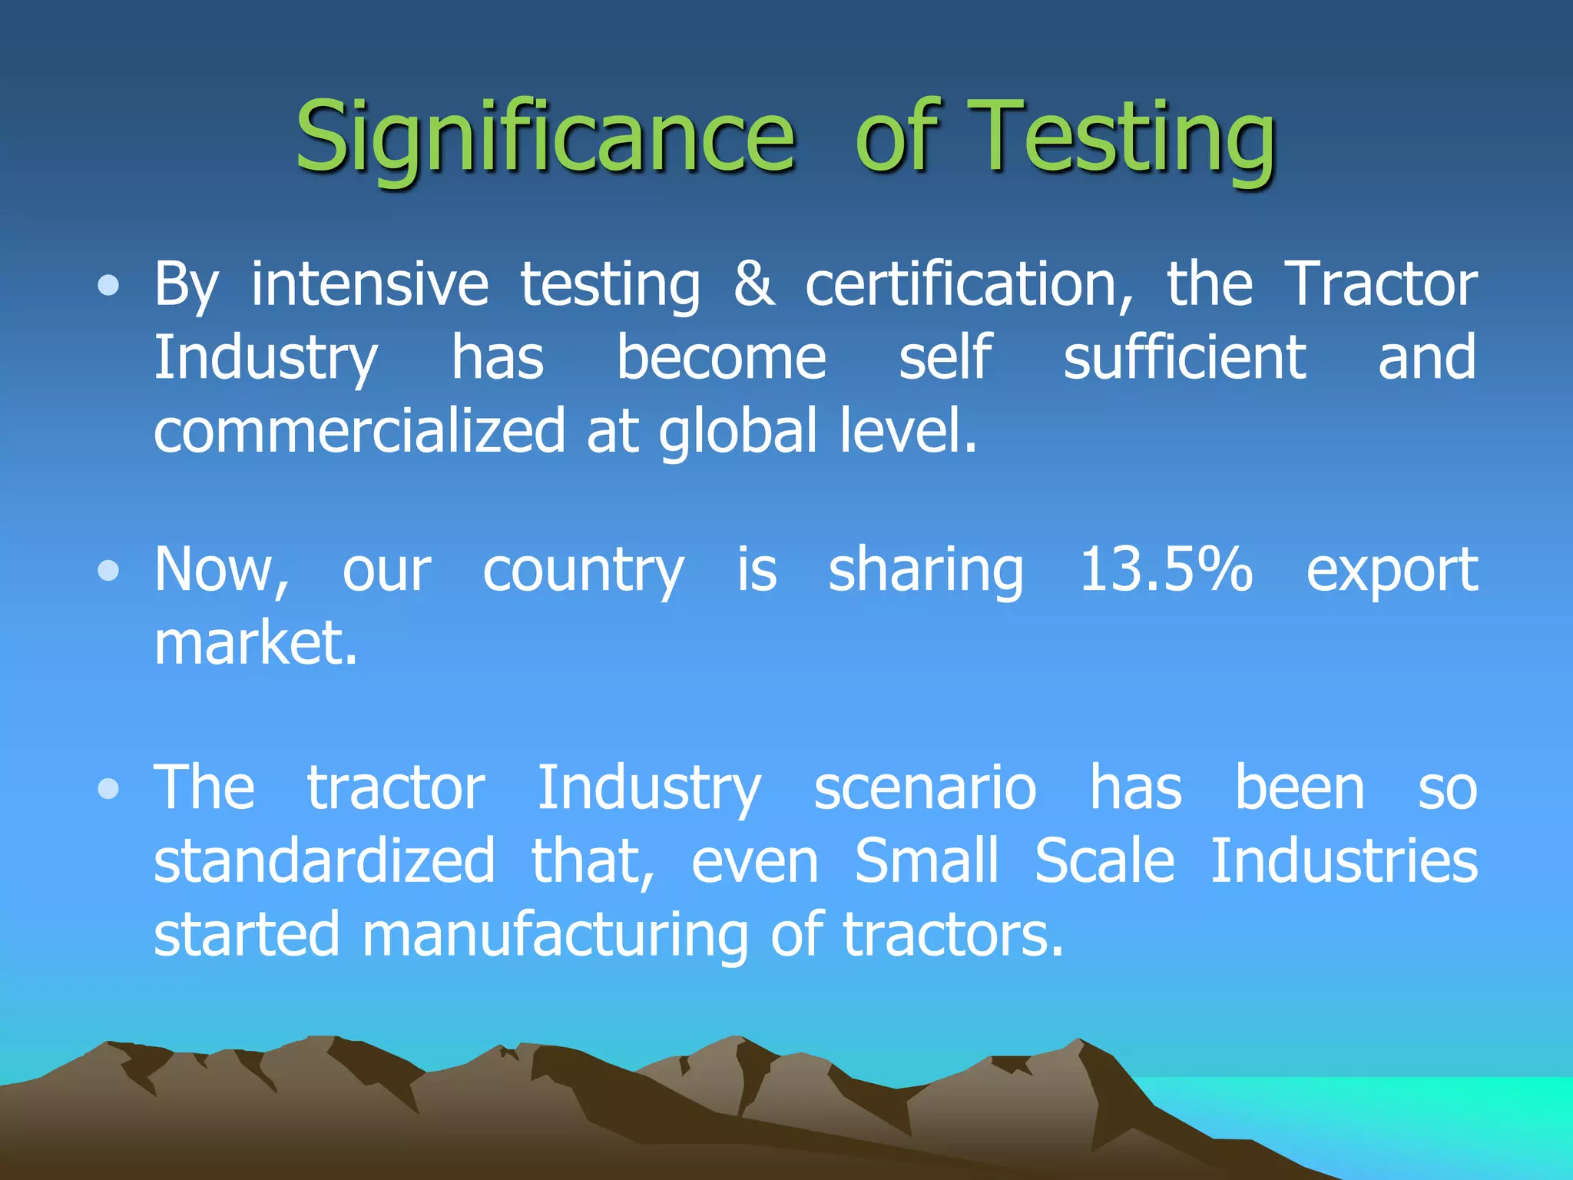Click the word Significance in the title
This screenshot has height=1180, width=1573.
545,138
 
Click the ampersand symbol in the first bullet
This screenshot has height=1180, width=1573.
753,284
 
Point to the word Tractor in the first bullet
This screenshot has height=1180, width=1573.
1380,284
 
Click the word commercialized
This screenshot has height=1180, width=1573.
359,432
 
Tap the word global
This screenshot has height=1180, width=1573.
738,432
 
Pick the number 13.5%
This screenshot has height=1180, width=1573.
1166,570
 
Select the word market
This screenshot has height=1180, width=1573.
256,644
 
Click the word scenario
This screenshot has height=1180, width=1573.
925,788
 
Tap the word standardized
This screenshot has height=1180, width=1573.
324,861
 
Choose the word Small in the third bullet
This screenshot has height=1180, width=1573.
926,861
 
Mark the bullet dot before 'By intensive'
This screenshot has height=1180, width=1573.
109,287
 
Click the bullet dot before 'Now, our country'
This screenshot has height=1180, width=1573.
109,572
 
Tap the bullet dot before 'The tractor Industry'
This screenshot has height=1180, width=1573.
109,790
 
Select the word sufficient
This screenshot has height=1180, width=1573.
1184,358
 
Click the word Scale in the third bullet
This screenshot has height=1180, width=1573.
1104,861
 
